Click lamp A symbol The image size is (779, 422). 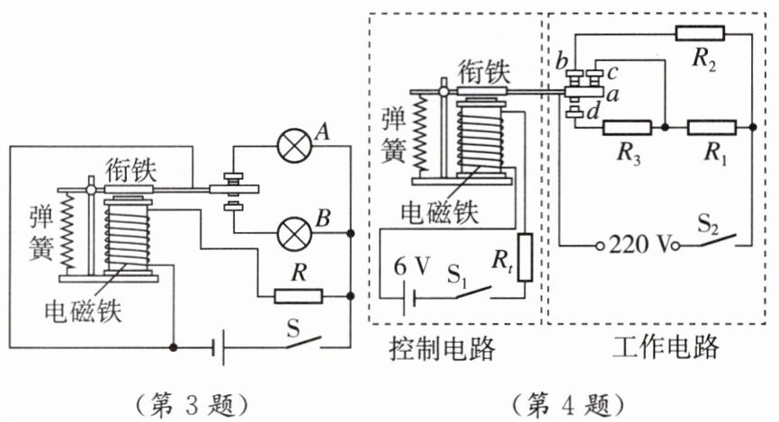295,146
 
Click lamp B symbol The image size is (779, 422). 295,234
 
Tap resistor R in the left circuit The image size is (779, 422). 298,297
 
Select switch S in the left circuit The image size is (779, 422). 303,343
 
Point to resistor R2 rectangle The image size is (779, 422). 700,33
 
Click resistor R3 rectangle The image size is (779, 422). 627,128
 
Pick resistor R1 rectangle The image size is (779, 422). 712,128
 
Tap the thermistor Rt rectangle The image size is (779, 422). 524,257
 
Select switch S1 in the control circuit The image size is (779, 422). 472,292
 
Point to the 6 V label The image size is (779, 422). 411,267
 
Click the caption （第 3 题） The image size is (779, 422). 192,405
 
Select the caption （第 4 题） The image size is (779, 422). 568,405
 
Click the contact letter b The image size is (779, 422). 562,60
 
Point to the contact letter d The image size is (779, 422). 593,112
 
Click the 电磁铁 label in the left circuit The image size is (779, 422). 83,311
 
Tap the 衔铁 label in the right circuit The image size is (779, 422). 483,72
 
